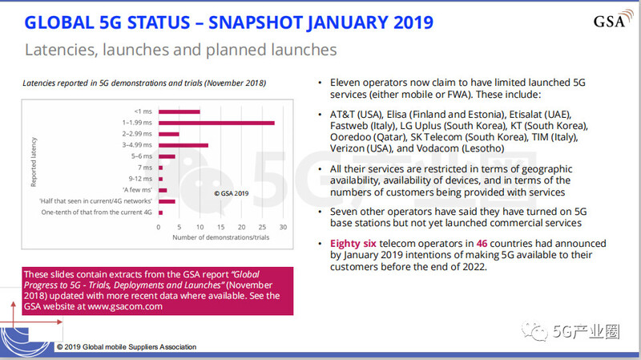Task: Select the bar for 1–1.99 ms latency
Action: [x=216, y=123]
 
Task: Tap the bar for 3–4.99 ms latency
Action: [x=184, y=145]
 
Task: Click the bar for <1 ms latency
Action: [x=179, y=111]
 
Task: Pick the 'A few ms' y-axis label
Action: [x=141, y=190]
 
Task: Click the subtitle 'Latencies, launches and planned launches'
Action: [x=180, y=50]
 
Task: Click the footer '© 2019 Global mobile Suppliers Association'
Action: [x=126, y=346]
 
